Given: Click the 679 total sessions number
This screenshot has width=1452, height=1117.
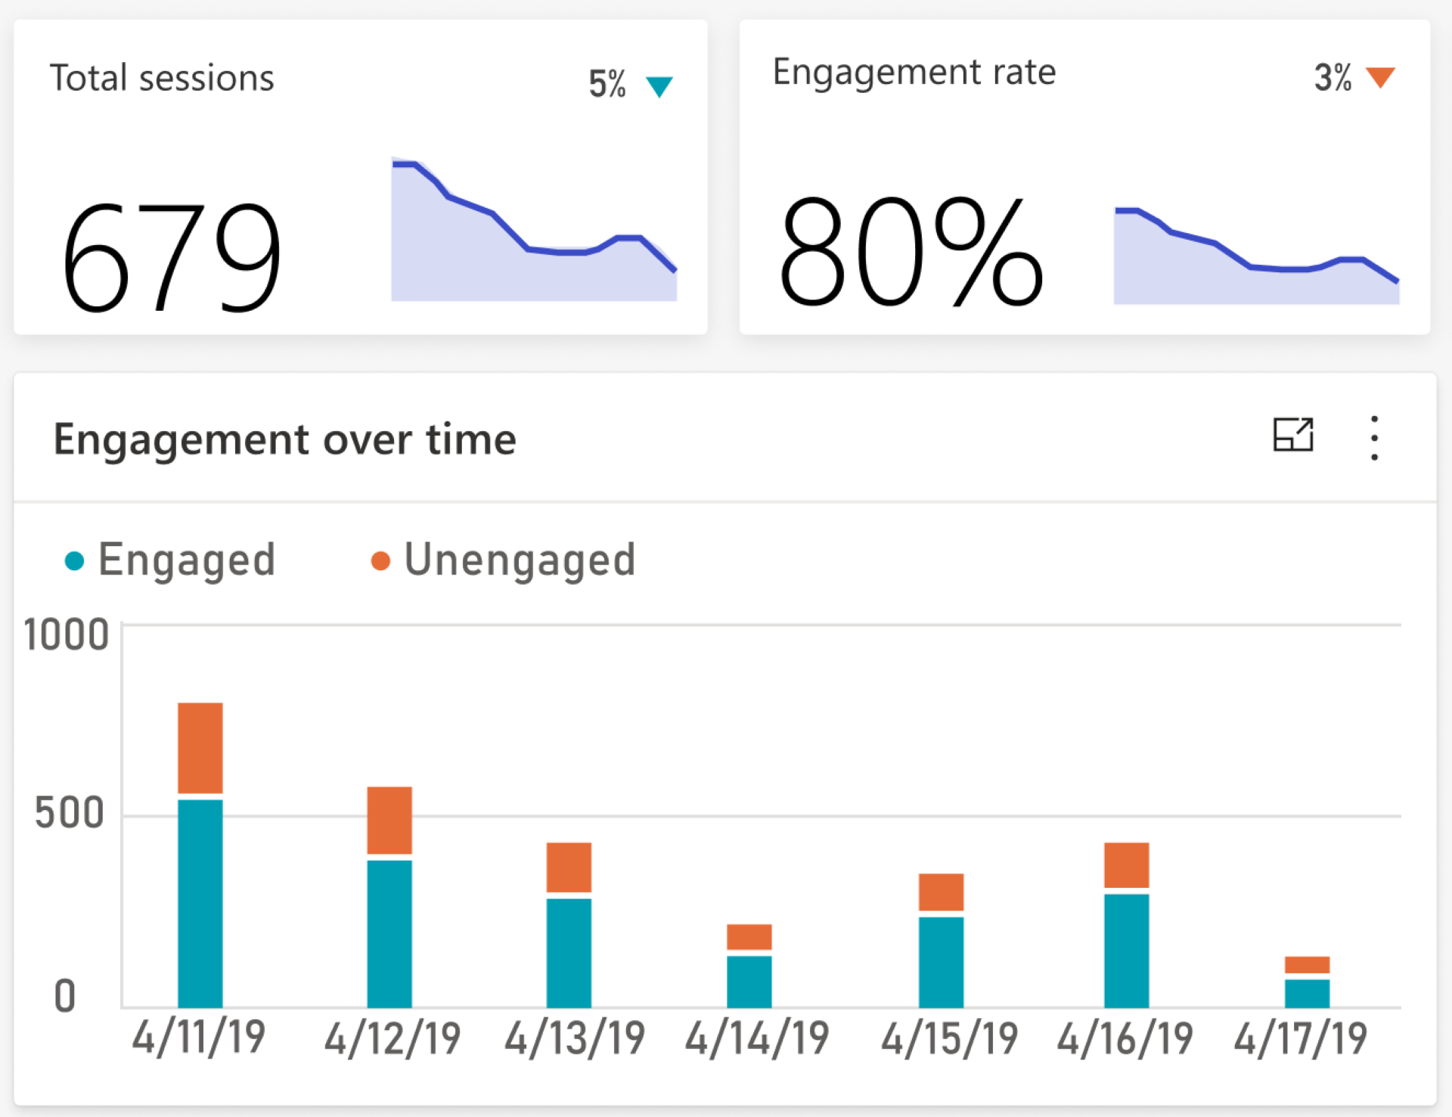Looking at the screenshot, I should (172, 257).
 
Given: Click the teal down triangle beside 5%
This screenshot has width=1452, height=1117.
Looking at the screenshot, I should (659, 86).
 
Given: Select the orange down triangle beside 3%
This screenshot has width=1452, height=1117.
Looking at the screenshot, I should (1380, 77).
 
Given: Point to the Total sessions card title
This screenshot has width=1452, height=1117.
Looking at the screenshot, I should (162, 78).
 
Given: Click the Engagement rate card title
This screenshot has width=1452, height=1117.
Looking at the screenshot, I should (914, 73).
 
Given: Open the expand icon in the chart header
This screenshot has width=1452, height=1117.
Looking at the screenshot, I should (1293, 435).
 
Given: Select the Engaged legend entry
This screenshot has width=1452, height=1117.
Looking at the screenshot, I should (171, 560).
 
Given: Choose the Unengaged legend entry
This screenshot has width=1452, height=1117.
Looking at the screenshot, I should (504, 560).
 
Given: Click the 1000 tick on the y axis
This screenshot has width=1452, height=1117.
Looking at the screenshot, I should (67, 635).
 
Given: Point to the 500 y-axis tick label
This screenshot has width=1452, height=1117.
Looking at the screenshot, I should (70, 814).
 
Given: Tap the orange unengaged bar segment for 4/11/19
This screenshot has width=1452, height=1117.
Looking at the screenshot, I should (200, 747).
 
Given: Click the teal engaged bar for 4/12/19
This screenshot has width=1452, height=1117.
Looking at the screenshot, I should (389, 933).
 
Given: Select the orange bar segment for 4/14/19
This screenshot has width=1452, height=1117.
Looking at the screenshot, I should (749, 936).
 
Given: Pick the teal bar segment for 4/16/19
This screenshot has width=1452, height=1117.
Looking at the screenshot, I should (1126, 950).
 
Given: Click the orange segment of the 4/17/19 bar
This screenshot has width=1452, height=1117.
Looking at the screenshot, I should (1307, 964).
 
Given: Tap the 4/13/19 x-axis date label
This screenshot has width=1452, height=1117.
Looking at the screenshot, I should (575, 1038).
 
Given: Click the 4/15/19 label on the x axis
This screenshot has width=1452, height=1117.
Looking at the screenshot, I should (949, 1038).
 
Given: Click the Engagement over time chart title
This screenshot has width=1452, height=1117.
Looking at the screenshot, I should (284, 439).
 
